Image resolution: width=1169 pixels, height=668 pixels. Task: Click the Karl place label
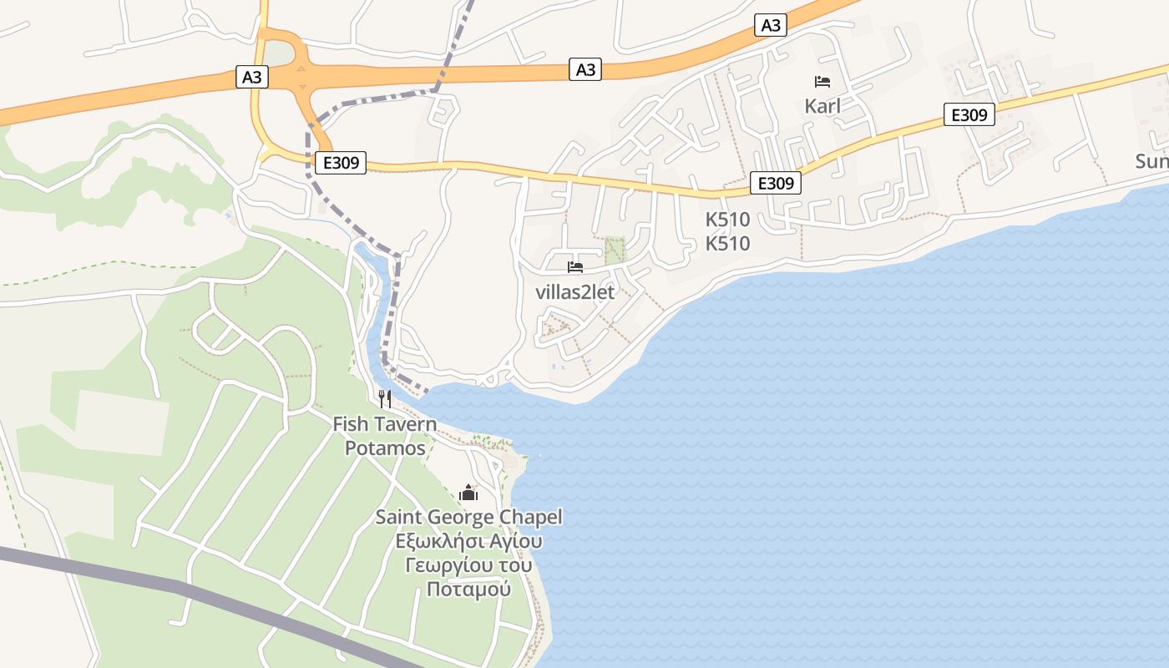[x=822, y=106]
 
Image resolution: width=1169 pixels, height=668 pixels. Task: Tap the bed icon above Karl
[x=822, y=82]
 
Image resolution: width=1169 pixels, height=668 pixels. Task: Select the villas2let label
[x=574, y=292]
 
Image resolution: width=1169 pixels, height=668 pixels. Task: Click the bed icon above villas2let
[x=574, y=267]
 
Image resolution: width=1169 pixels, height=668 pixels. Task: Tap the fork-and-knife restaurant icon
[x=384, y=398]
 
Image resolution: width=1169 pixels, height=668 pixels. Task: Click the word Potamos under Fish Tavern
[x=385, y=448]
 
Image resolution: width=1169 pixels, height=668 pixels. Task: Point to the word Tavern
[x=405, y=424]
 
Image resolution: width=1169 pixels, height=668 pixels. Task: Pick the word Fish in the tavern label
[x=351, y=424]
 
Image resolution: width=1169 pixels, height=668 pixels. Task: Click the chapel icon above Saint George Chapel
[x=468, y=493]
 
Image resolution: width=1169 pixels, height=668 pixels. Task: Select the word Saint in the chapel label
[x=398, y=517]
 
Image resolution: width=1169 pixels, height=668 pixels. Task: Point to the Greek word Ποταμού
[x=468, y=590]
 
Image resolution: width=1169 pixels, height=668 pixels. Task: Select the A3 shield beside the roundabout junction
[x=252, y=78]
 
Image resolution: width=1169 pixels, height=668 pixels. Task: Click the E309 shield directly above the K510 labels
[x=775, y=183]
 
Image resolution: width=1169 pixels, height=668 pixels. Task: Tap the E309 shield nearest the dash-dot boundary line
[x=342, y=163]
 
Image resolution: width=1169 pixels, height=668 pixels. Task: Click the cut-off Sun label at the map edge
[x=1151, y=161]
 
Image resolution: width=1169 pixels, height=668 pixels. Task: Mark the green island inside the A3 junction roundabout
[x=279, y=54]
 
